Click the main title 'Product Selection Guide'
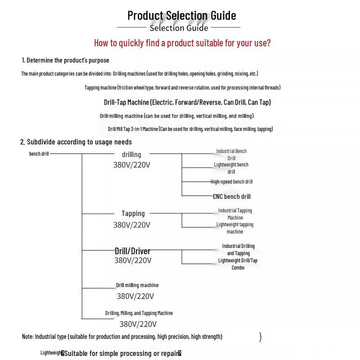[181, 15]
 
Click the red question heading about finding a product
[182, 43]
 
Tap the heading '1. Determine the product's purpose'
[66, 60]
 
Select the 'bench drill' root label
[39, 154]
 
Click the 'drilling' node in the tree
[131, 154]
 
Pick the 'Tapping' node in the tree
[133, 213]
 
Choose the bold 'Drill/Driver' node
[132, 251]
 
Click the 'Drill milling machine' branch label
[137, 285]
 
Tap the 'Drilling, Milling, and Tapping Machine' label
[139, 313]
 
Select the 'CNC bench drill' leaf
[232, 197]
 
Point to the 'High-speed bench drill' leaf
[232, 182]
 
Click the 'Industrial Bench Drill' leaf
[231, 155]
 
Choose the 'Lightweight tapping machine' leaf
[235, 228]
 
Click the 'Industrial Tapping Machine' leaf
[235, 214]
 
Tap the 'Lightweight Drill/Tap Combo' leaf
[238, 264]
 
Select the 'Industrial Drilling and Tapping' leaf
[238, 250]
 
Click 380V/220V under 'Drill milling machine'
[135, 296]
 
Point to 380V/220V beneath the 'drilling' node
[132, 165]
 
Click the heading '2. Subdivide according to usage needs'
[76, 142]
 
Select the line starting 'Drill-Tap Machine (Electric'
[187, 102]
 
